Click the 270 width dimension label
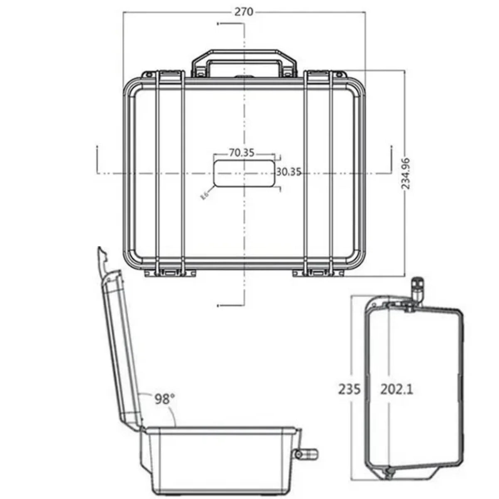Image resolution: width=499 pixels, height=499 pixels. (243, 12)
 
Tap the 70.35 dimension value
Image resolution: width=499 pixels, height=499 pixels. (242, 153)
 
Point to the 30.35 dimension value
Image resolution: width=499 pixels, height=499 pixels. (289, 172)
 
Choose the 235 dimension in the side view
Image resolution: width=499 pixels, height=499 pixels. (349, 389)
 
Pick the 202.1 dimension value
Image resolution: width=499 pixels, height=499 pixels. (397, 389)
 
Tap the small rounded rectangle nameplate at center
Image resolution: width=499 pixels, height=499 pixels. (244, 174)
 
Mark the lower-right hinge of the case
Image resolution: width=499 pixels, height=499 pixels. (319, 272)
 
